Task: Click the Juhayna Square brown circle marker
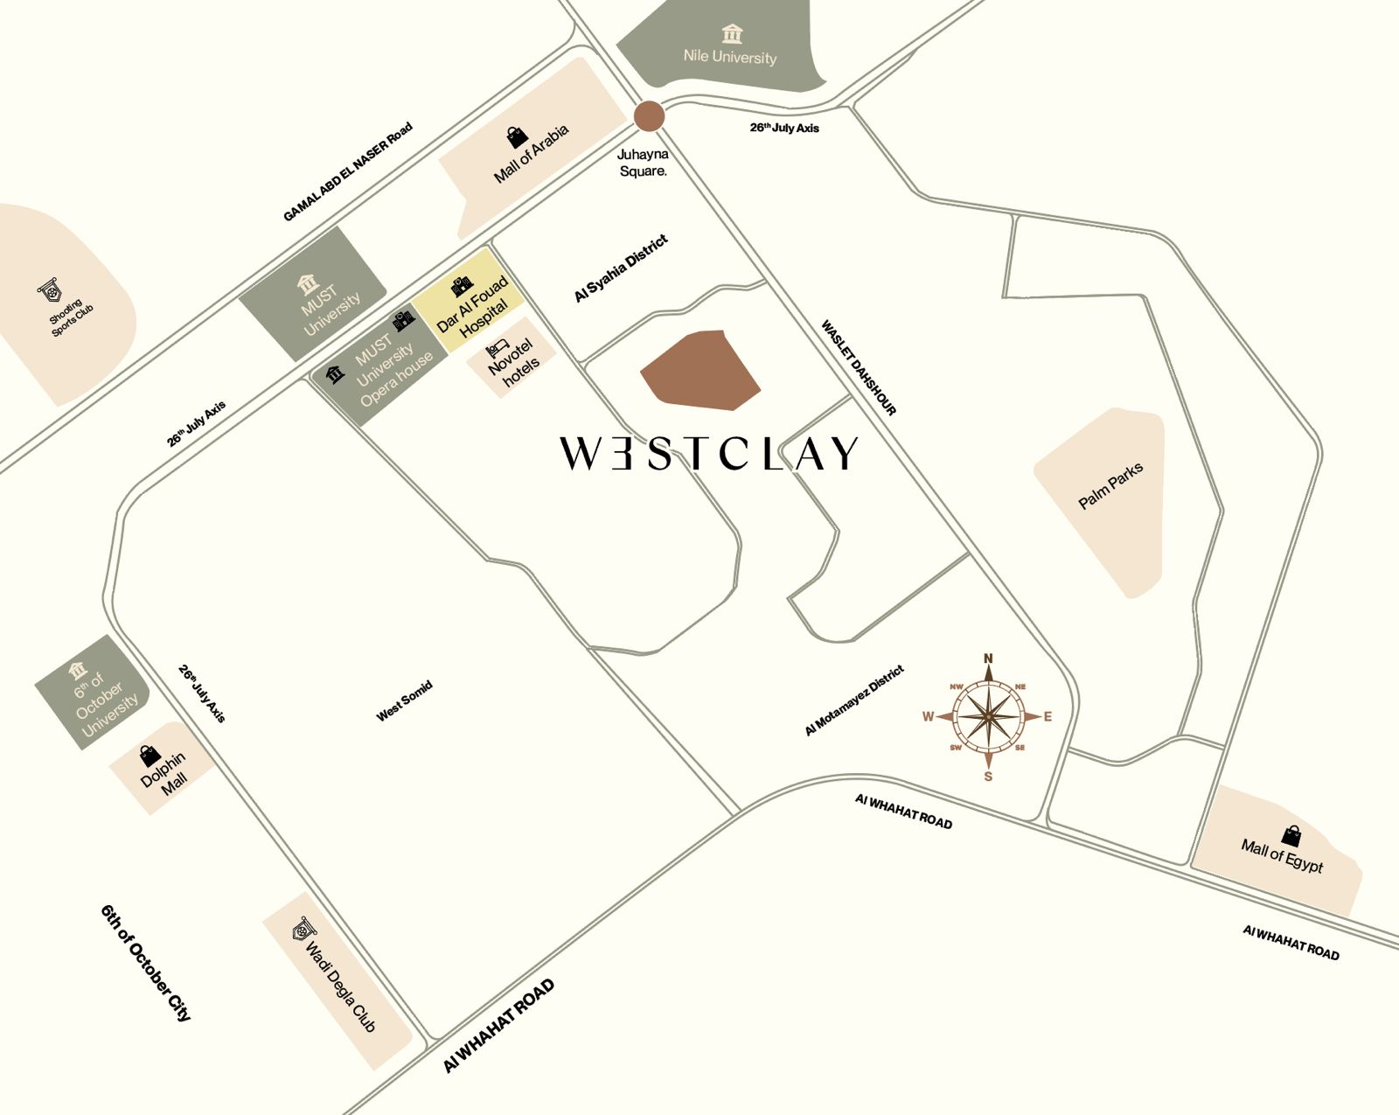pos(649,116)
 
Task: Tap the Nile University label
pos(730,57)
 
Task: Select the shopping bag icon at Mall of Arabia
pos(517,137)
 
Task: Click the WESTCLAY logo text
pos(709,454)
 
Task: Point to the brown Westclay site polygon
pos(700,370)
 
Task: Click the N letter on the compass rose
pos(988,659)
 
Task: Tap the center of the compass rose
pos(988,717)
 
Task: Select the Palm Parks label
pos(1110,486)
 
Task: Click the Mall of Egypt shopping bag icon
pos(1291,836)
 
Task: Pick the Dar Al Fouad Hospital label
pos(472,308)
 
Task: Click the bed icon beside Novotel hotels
pos(497,348)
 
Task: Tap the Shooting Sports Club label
pos(70,316)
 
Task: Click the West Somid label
pos(404,701)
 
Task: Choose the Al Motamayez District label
pos(854,700)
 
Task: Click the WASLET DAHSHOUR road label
pos(859,367)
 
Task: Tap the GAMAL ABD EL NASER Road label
pos(347,172)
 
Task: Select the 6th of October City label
pos(145,963)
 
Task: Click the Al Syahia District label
pos(621,268)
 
